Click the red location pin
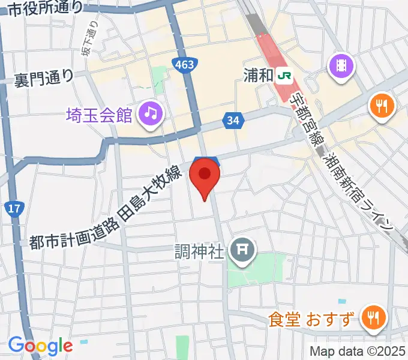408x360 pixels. [205, 176]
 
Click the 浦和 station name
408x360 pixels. [259, 75]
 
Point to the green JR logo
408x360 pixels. [286, 76]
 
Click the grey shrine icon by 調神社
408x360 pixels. [243, 248]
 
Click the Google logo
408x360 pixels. [40, 346]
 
